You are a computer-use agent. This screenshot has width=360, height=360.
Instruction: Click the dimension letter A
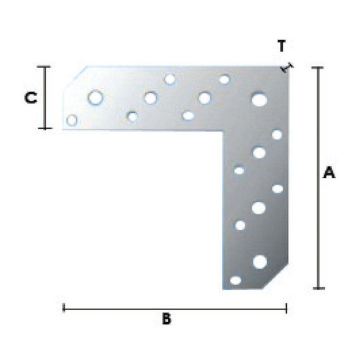point(329,173)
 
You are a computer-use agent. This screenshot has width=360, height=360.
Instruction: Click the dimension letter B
point(167,319)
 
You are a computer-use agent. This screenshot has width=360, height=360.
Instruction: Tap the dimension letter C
point(31,97)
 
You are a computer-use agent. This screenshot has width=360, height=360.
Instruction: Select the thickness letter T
point(282,45)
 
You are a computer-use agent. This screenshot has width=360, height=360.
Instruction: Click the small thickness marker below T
point(287,67)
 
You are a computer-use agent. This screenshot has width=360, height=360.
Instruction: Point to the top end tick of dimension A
point(318,67)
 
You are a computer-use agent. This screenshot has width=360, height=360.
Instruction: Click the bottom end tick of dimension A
point(319,289)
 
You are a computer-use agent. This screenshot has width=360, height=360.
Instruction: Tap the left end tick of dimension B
point(63,308)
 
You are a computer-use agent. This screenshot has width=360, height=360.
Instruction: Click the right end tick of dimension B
point(286,308)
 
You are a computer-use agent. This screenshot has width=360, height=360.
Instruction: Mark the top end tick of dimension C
point(43,67)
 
